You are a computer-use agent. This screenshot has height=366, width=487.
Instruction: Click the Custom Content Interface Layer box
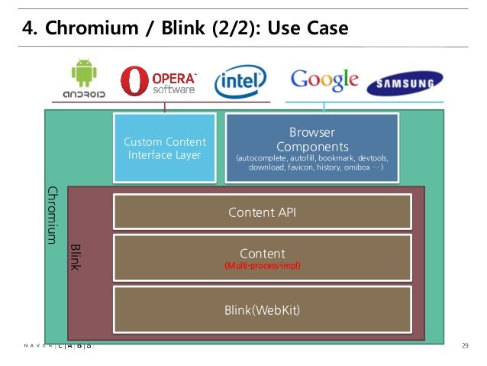(x=165, y=147)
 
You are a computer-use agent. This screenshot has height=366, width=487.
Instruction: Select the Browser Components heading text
(x=311, y=139)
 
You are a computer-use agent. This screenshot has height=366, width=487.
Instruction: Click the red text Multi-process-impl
(x=262, y=266)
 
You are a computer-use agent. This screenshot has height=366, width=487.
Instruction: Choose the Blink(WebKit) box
(x=262, y=309)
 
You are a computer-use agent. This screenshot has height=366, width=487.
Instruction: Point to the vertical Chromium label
(x=53, y=215)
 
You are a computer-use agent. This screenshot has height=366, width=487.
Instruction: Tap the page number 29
(x=465, y=347)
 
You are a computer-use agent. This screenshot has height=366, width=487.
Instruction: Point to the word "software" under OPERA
(x=174, y=89)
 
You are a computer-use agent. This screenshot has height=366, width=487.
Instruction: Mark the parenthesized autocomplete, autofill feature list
(x=311, y=162)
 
